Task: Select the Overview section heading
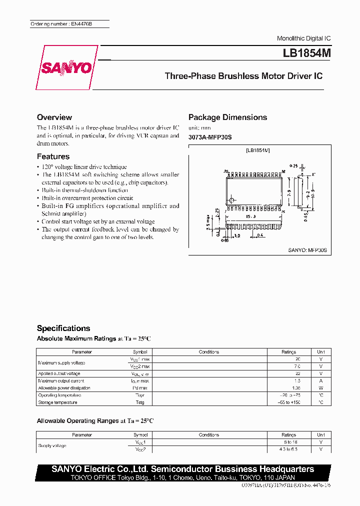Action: [54, 117]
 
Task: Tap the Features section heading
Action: [53, 156]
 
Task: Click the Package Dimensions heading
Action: [227, 117]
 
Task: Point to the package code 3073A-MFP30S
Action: [210, 137]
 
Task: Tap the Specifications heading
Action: [63, 328]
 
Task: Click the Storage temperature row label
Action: [57, 402]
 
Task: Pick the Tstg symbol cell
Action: [140, 402]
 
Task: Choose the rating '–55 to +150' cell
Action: [288, 402]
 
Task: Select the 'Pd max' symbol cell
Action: [140, 388]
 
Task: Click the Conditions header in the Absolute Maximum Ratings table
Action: [209, 352]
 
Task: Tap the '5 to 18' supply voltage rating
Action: [288, 442]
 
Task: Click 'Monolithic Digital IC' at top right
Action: [303, 38]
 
